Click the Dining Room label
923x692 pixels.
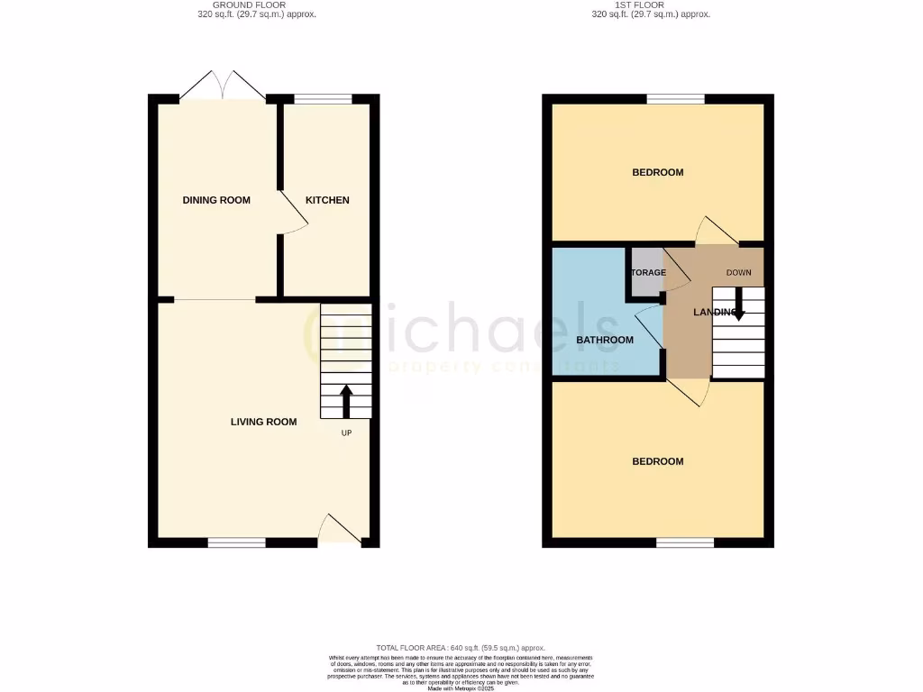[216, 200]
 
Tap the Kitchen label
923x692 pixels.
[327, 200]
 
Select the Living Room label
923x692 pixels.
[263, 422]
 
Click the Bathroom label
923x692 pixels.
[605, 341]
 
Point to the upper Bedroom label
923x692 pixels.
[657, 173]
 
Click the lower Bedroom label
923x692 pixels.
[657, 461]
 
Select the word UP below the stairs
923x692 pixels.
[346, 433]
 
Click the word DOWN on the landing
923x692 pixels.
[739, 272]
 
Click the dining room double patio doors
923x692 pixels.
[223, 86]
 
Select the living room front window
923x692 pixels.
[236, 542]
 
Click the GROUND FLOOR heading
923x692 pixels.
[242, 5]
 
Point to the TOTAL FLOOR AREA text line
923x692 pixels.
[461, 648]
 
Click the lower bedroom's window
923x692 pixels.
[684, 542]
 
